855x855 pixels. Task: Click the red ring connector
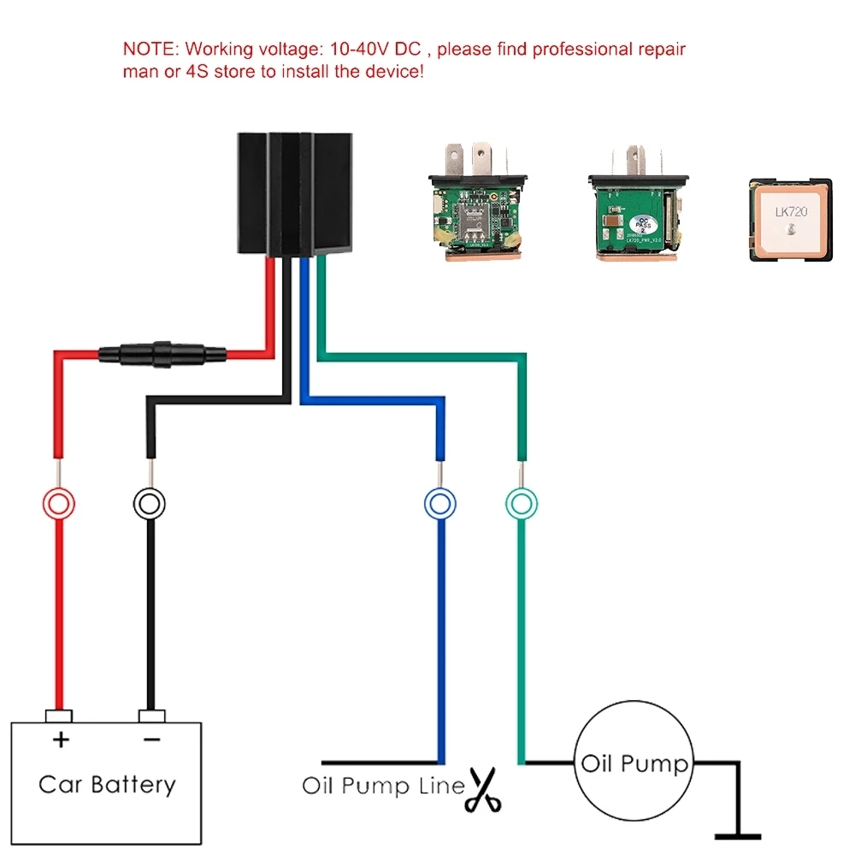click(57, 503)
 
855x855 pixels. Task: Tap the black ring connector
click(149, 503)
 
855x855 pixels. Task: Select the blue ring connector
click(439, 503)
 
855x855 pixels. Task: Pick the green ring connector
click(521, 503)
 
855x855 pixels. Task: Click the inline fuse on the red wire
click(162, 352)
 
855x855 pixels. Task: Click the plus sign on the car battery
click(60, 740)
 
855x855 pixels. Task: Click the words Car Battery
click(107, 784)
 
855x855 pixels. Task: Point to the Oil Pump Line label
click(383, 786)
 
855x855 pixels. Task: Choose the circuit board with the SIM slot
click(475, 206)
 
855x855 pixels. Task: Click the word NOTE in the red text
click(151, 49)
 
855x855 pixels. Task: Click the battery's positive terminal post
click(59, 716)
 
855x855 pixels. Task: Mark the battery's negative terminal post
click(150, 716)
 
